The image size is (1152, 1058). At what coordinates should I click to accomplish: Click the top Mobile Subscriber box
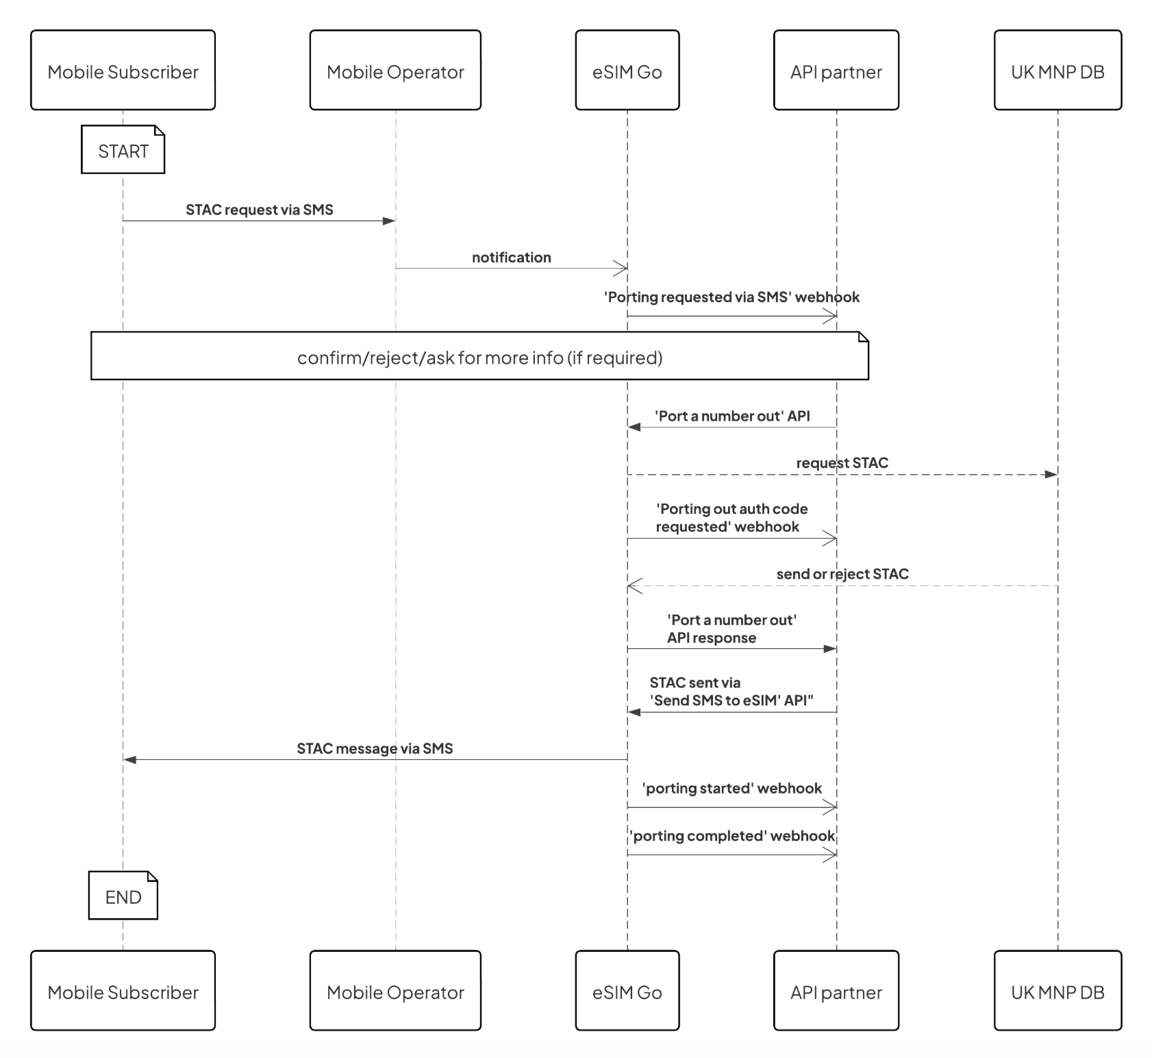[x=123, y=70]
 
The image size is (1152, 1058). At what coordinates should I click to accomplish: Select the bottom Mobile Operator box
[x=395, y=990]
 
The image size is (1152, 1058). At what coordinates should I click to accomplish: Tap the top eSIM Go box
[x=627, y=70]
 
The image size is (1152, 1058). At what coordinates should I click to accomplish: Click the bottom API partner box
[x=836, y=990]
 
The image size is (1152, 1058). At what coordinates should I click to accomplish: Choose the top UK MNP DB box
[x=1057, y=70]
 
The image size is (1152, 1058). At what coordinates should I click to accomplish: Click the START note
[x=123, y=150]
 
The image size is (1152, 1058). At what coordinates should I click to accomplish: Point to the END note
[x=123, y=896]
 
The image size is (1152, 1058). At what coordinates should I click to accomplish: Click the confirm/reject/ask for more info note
[x=479, y=357]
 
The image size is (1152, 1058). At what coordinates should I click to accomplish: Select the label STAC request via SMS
[x=259, y=210]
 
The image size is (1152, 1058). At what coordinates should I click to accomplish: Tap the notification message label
[x=511, y=258]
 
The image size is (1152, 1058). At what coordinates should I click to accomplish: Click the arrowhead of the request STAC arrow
[x=1051, y=474]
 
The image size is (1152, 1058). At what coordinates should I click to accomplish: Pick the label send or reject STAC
[x=842, y=574]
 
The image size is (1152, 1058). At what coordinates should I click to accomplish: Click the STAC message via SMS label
[x=375, y=748]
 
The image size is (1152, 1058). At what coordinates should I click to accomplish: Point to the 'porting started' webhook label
[x=731, y=788]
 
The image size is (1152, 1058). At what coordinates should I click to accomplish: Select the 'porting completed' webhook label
[x=731, y=836]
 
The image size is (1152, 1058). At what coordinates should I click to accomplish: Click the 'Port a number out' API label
[x=731, y=416]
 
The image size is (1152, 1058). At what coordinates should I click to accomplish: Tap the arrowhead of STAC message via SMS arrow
[x=130, y=759]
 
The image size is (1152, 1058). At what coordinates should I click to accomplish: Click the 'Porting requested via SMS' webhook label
[x=731, y=297]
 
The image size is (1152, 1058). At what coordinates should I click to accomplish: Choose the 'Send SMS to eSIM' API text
[x=731, y=700]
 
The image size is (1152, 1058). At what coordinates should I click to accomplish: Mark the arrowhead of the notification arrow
[x=621, y=269]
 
